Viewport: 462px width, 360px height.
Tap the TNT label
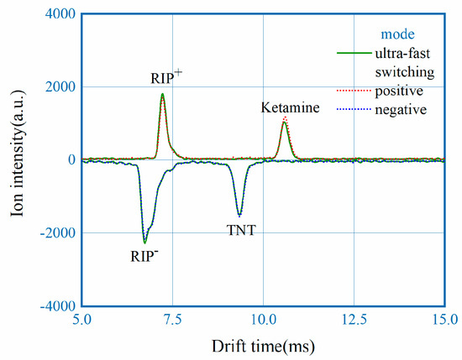coord(239,227)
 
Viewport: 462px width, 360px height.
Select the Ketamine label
coord(286,108)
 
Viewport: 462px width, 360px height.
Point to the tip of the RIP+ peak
coord(162,94)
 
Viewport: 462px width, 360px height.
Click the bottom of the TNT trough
coord(239,215)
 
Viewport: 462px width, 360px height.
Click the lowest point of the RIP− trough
coord(144,242)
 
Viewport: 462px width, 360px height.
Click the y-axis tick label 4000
coord(59,14)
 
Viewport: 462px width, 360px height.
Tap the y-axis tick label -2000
coord(55,233)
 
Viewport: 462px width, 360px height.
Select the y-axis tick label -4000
coord(55,306)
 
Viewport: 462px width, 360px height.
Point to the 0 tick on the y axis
coord(70,160)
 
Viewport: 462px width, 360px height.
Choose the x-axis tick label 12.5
coord(354,320)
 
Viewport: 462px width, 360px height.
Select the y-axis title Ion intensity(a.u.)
coord(18,159)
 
